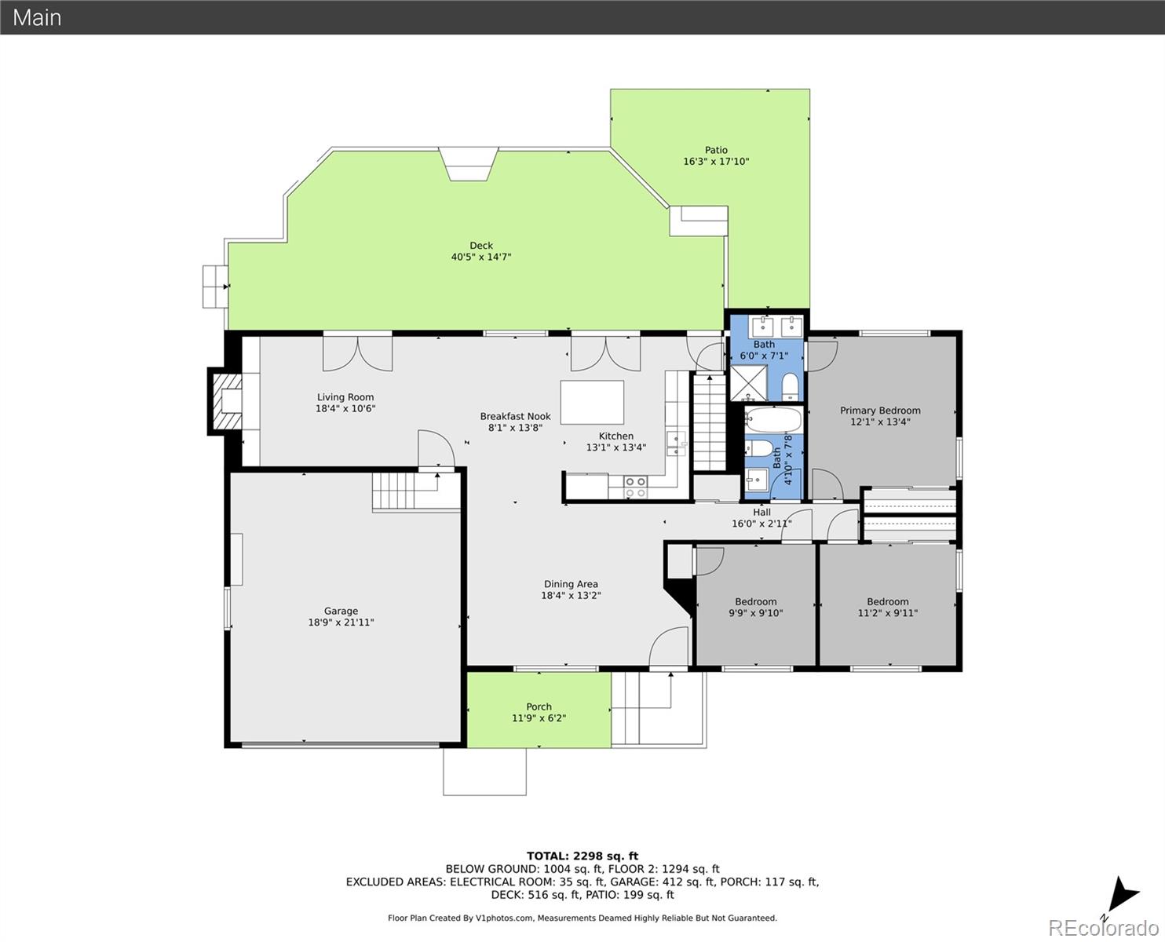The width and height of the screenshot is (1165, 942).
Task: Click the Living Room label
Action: [345, 397]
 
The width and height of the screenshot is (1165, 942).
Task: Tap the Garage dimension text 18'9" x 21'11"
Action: [341, 623]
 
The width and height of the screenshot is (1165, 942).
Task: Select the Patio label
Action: [716, 150]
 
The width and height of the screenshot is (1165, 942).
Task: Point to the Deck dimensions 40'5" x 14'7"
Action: [480, 257]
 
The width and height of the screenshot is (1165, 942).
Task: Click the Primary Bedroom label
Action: [880, 411]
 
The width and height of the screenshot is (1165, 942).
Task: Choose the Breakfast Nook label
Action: [515, 417]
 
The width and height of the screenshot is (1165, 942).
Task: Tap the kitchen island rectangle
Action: [592, 403]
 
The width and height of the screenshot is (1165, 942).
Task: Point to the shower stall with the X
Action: [749, 383]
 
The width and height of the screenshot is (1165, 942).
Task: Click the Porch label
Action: [539, 707]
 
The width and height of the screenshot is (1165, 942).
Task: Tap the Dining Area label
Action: [571, 584]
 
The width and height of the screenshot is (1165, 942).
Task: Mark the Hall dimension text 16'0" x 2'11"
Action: [761, 524]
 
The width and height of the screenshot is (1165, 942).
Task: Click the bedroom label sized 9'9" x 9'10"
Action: [755, 601]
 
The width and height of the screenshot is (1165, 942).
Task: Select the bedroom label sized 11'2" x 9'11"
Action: [887, 601]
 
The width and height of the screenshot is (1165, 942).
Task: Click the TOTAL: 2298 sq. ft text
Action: [582, 856]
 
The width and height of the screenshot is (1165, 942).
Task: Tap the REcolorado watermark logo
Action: [1103, 928]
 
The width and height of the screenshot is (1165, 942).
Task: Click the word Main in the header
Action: [37, 17]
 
